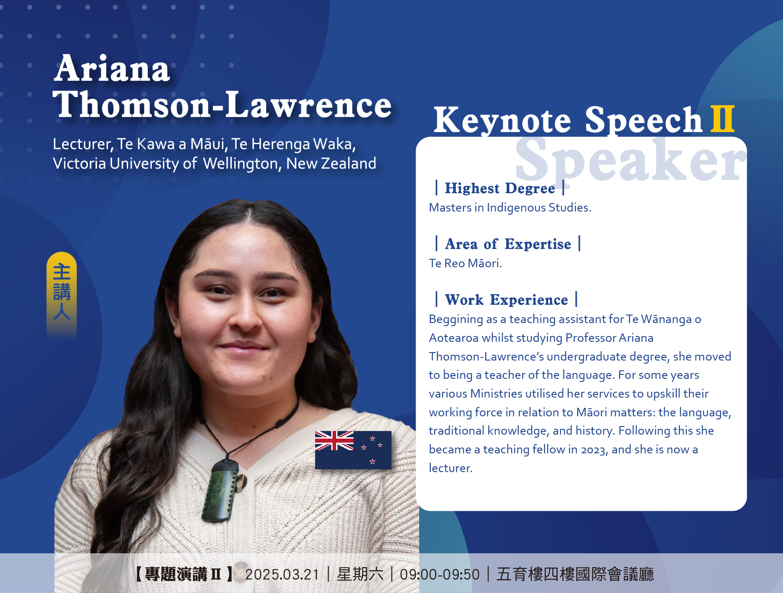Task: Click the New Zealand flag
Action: click(x=353, y=450)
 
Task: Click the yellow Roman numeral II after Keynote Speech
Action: click(x=722, y=119)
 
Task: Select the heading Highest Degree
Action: click(x=500, y=188)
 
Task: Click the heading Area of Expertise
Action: click(x=508, y=244)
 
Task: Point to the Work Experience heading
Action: click(x=507, y=300)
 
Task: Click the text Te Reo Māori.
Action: click(x=465, y=263)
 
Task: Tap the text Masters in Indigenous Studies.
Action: click(x=510, y=207)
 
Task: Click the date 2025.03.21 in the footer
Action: click(x=282, y=574)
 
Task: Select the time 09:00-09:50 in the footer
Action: click(x=440, y=574)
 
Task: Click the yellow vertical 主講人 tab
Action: click(x=62, y=294)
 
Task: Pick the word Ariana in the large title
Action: click(x=112, y=69)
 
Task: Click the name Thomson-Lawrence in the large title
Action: click(x=222, y=104)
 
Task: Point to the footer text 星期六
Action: click(x=360, y=574)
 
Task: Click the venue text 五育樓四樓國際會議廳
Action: click(x=575, y=574)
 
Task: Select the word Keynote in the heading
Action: click(x=502, y=120)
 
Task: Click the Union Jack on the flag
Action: click(x=334, y=440)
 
